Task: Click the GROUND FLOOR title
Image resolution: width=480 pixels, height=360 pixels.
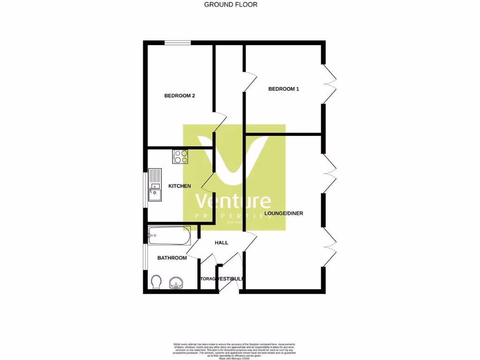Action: tap(231, 5)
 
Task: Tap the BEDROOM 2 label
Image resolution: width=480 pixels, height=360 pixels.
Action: tap(180, 96)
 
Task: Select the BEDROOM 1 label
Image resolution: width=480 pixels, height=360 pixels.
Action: tap(283, 89)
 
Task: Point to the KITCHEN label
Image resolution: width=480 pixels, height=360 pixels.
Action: tap(180, 186)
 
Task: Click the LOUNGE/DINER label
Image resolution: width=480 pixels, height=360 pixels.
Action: tap(284, 213)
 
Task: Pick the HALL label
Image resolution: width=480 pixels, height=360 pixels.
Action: tap(221, 243)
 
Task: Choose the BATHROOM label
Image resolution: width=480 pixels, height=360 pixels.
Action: tap(172, 258)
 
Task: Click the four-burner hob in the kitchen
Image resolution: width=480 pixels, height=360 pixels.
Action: tap(180, 156)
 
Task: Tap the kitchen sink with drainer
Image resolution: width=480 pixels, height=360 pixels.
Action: tap(155, 185)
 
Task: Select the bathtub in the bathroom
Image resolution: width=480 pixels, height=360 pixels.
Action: tap(169, 235)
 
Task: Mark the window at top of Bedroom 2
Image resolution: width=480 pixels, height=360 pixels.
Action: tap(178, 43)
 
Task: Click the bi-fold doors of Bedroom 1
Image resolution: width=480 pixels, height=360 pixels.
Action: tap(330, 84)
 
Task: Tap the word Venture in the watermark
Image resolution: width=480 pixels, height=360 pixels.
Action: tap(233, 202)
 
